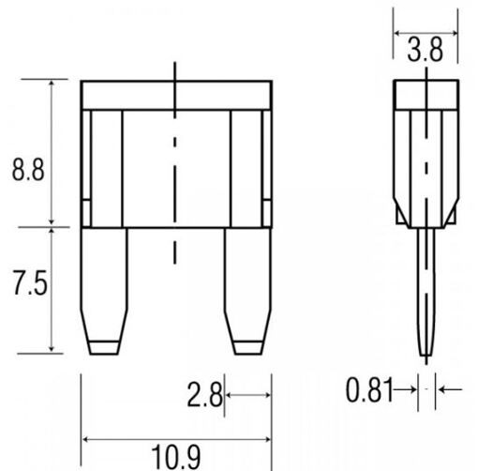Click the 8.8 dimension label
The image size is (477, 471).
tap(28, 170)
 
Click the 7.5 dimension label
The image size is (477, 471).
tap(30, 282)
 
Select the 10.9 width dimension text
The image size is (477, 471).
tap(175, 457)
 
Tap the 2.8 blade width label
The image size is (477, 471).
tap(204, 395)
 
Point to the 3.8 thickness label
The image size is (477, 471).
tap(425, 50)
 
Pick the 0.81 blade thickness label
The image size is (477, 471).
tap(369, 389)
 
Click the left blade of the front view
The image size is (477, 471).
tap(104, 291)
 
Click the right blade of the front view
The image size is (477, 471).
tap(247, 291)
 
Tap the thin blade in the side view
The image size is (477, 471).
tap(426, 292)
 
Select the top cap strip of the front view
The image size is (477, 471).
tap(176, 96)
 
